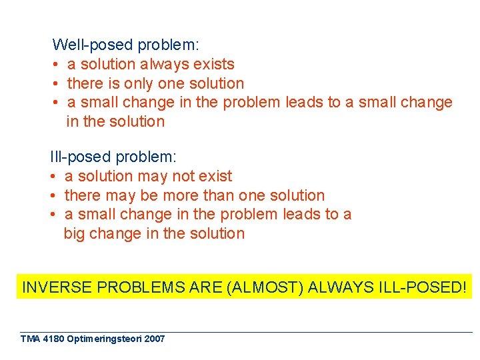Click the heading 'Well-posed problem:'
[125, 45]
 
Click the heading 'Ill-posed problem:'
[113, 157]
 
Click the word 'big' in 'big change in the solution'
[74, 234]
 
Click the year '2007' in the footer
[154, 339]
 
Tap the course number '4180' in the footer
[52, 339]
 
